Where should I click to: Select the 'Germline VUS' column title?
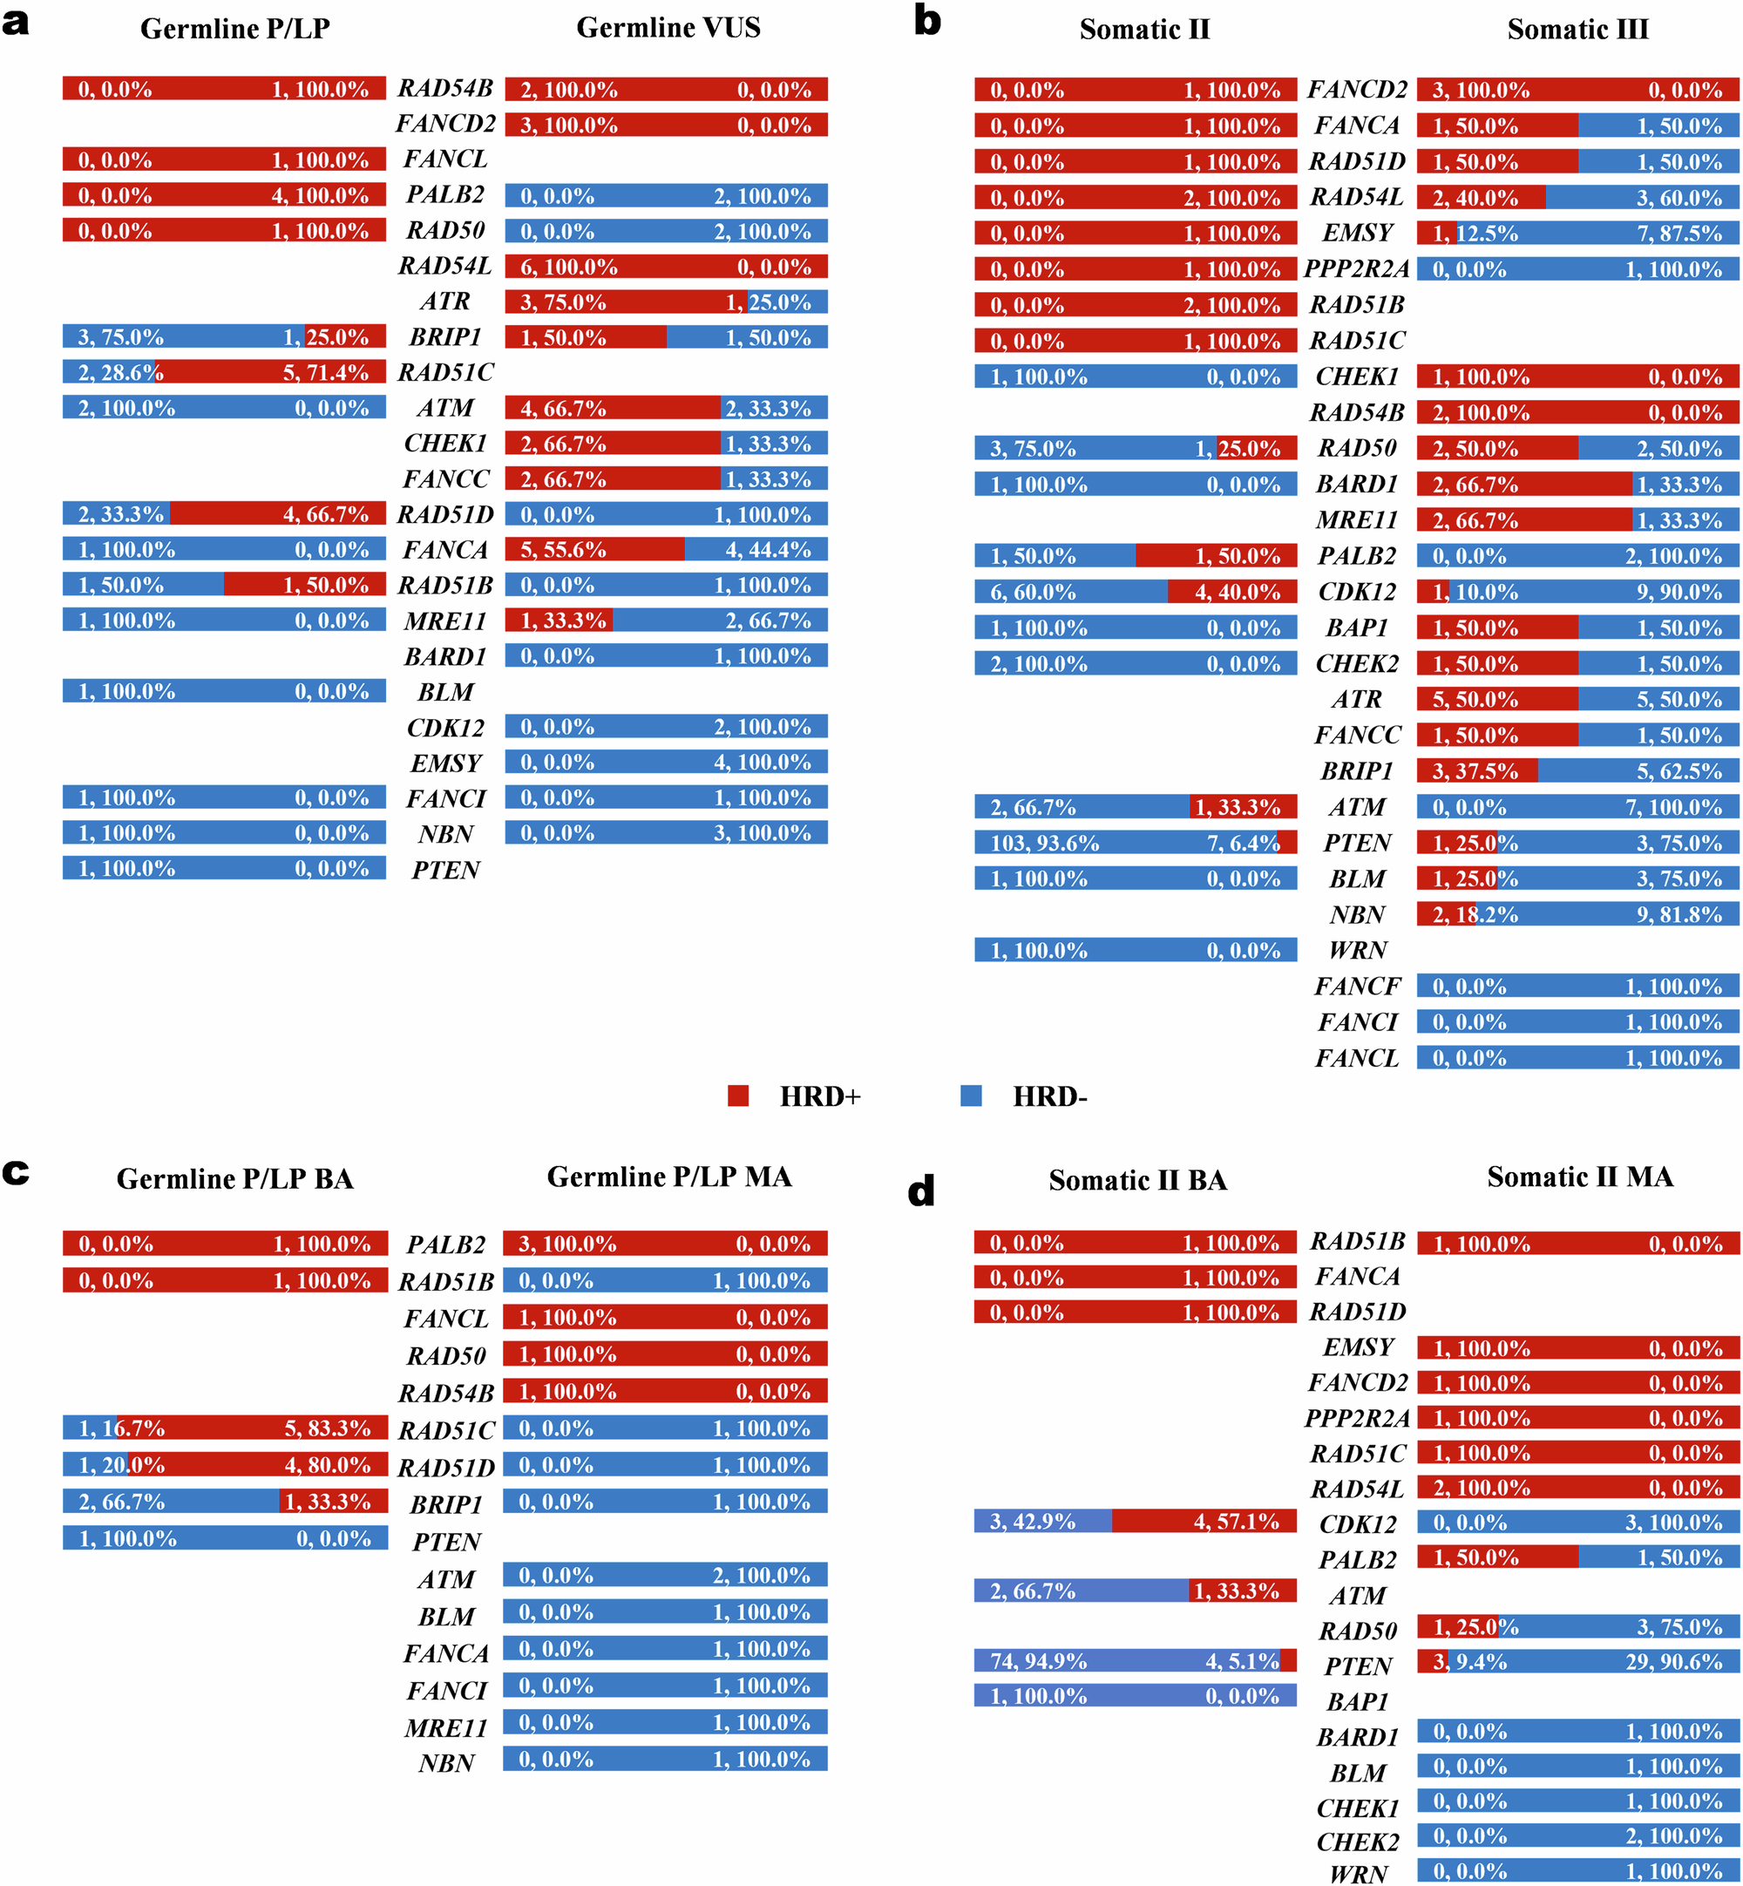[x=668, y=28]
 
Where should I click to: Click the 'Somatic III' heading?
[x=1577, y=31]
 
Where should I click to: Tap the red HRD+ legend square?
[x=737, y=1096]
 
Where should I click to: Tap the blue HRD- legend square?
[x=971, y=1096]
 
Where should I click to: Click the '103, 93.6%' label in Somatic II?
[x=1044, y=843]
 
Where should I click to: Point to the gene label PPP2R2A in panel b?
[x=1356, y=269]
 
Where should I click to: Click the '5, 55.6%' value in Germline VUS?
[x=563, y=550]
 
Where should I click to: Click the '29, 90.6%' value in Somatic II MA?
[x=1673, y=1661]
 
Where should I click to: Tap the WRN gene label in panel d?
[x=1357, y=1873]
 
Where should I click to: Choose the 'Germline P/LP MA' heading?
[x=668, y=1177]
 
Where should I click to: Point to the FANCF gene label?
[x=1357, y=987]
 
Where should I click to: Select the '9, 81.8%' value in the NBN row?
[x=1679, y=915]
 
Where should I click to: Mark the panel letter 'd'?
[x=920, y=1192]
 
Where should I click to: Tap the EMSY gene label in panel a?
[x=445, y=763]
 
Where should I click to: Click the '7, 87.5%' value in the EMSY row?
[x=1679, y=234]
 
